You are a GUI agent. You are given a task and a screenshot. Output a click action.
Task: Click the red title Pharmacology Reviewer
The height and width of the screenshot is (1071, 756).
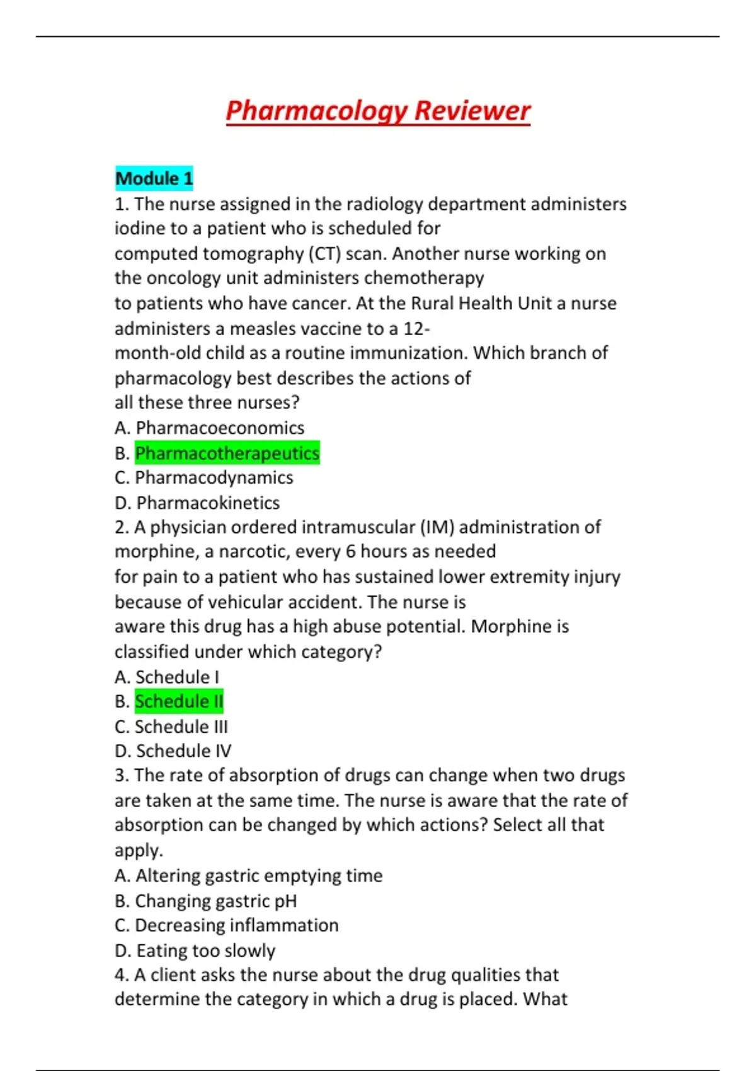tap(378, 111)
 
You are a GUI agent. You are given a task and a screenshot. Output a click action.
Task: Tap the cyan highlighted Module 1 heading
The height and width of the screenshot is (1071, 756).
tap(154, 178)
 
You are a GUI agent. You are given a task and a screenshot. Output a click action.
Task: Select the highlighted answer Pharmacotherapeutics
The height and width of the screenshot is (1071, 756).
tap(227, 453)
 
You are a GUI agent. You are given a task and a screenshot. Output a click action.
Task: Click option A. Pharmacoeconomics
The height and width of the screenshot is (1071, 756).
tap(209, 428)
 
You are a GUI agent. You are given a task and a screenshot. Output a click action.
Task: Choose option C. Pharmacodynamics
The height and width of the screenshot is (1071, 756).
tap(203, 478)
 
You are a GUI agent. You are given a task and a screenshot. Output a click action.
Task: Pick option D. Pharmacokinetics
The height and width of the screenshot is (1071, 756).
tap(197, 503)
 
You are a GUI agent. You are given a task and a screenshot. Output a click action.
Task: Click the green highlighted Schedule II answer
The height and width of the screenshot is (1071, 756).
tap(179, 701)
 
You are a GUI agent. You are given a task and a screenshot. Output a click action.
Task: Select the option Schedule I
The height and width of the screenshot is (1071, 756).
tap(167, 677)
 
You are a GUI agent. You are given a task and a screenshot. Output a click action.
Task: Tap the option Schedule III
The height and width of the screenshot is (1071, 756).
tap(171, 726)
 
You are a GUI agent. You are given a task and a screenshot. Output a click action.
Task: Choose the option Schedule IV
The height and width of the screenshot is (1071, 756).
tap(173, 751)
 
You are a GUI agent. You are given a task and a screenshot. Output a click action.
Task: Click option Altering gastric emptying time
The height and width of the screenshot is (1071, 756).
tap(249, 876)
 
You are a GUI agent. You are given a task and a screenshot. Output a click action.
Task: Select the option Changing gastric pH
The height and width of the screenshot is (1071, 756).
tap(205, 901)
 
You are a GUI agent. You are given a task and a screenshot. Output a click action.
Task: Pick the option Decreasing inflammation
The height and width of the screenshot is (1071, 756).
tap(227, 925)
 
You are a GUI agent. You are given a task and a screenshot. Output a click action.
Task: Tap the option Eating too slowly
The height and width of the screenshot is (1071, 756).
tap(195, 950)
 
